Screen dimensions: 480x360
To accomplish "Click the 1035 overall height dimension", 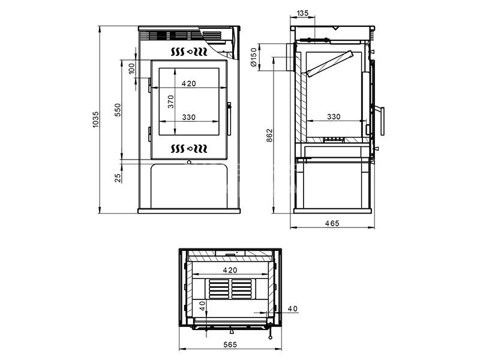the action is click(x=96, y=119).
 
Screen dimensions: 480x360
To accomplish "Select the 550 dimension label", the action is click(x=118, y=110).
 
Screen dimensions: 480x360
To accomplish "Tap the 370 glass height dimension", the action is click(x=171, y=101).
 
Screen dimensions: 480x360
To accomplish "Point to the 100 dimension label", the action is click(x=131, y=68).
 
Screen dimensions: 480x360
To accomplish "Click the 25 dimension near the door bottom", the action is click(x=118, y=178).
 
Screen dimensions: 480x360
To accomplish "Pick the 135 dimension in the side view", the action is click(x=303, y=13).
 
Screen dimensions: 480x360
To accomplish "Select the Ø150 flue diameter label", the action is click(x=253, y=57).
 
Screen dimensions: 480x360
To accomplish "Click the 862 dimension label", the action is click(x=269, y=136).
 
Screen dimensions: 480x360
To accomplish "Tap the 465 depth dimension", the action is click(x=332, y=223).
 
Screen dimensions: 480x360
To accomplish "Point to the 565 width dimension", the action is click(x=230, y=344).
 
